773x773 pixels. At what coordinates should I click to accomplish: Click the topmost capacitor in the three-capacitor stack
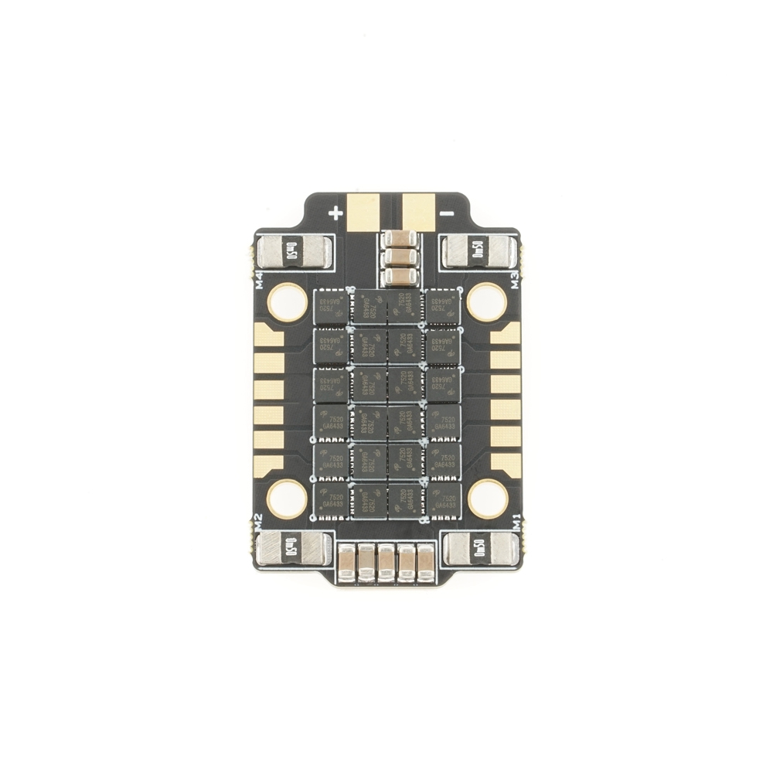[x=399, y=240]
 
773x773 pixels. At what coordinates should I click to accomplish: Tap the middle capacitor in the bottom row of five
[x=386, y=562]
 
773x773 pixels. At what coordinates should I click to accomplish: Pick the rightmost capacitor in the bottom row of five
[x=425, y=562]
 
